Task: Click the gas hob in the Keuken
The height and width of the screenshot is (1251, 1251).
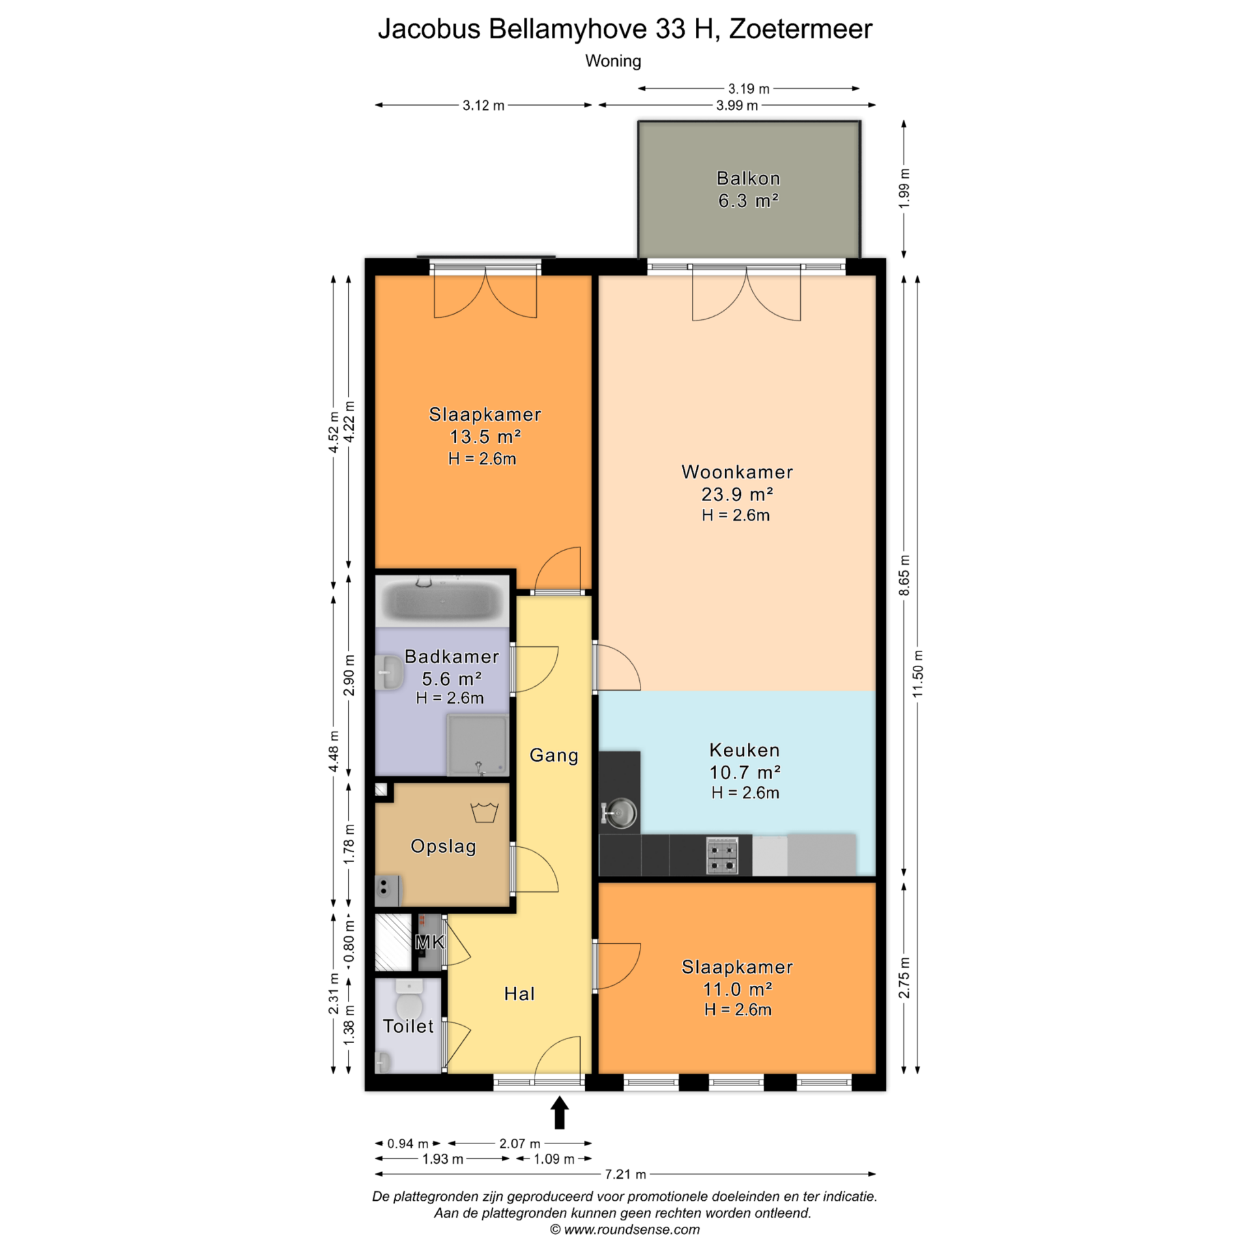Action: point(723,855)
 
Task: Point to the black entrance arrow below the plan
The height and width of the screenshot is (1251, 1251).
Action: point(560,1112)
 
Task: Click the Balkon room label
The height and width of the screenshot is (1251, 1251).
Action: point(748,179)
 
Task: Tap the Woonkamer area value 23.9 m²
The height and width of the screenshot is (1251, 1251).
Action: point(737,495)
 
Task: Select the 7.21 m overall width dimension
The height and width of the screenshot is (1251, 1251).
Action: point(625,1174)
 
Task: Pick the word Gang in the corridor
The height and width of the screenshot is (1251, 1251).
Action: point(554,755)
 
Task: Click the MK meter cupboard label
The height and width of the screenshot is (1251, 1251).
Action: point(430,942)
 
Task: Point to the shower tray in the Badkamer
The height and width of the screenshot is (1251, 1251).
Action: point(478,745)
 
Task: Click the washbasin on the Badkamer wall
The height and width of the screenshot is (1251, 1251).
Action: point(389,672)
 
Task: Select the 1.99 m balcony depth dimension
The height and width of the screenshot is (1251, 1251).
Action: point(904,189)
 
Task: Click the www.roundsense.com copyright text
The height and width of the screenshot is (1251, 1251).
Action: point(625,1229)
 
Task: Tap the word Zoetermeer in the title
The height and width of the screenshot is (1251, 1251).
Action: point(800,29)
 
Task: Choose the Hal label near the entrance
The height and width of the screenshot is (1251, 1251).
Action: point(519,994)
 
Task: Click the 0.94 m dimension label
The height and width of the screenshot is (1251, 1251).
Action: point(408,1143)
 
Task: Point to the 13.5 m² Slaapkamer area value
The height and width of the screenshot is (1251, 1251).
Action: point(485,437)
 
